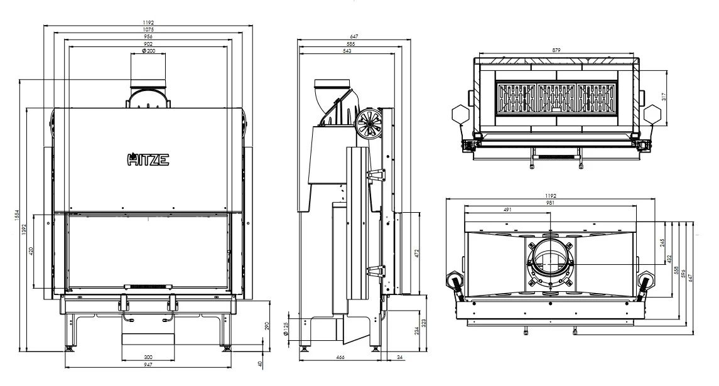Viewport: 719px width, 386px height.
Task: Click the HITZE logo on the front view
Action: (148, 159)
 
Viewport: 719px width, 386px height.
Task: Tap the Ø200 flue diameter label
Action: (149, 51)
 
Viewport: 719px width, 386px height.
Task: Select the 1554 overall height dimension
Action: (16, 215)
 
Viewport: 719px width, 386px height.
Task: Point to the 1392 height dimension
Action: (24, 229)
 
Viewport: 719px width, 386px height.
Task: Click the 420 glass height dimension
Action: (31, 251)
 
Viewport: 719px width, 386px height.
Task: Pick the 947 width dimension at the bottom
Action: (148, 365)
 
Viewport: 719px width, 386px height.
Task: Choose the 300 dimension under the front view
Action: (148, 357)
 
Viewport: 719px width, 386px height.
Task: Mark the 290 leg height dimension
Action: (268, 326)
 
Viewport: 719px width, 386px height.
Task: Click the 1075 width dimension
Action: (148, 29)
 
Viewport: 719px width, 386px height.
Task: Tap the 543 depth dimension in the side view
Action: (347, 51)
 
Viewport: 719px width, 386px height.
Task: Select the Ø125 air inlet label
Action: (286, 329)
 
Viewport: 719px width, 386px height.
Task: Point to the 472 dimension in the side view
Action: (417, 253)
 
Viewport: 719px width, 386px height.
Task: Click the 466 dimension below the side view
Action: (340, 357)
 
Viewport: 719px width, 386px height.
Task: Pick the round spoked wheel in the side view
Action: (368, 122)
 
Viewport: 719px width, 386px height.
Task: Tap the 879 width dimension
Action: (556, 50)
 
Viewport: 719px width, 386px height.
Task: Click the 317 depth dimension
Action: (664, 96)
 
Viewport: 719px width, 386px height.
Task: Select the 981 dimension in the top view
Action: (550, 203)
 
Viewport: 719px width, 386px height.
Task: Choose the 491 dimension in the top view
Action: (507, 210)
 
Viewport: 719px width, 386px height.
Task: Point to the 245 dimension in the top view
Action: (662, 242)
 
